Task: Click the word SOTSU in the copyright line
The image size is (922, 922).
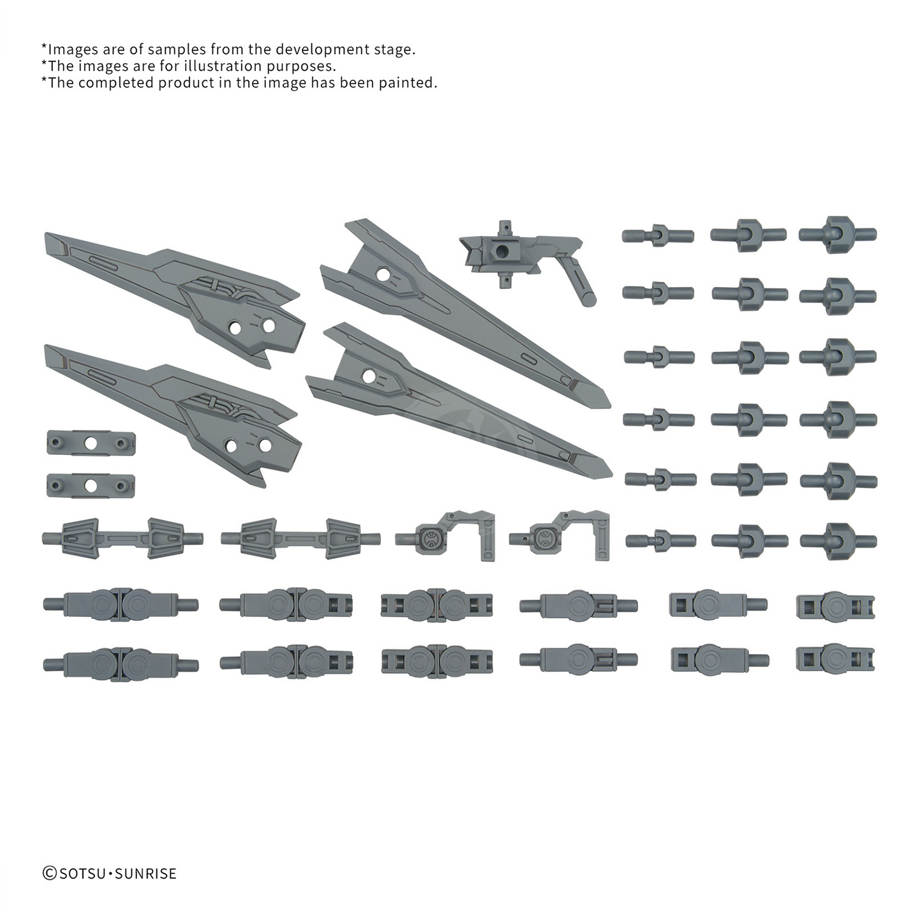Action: coord(83,874)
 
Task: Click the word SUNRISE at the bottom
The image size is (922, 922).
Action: coord(145,874)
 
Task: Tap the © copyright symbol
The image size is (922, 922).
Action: coord(49,874)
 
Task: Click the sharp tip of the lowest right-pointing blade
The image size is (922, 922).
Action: coord(606,471)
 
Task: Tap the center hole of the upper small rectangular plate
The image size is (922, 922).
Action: coord(91,442)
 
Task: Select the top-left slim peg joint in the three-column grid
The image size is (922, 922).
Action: coord(658,235)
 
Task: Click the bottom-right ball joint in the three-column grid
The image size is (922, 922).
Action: coord(838,540)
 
